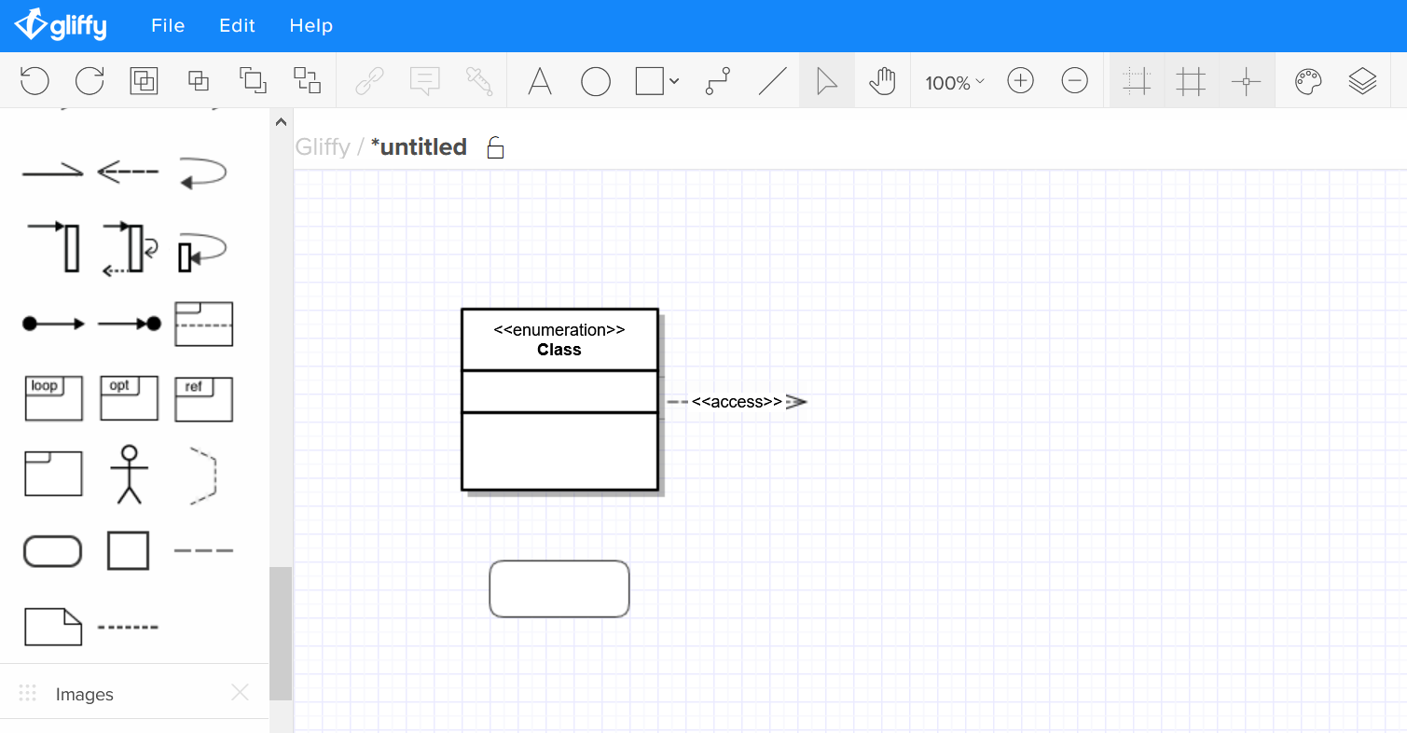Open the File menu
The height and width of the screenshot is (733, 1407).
point(168,26)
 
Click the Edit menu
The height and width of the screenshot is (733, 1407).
point(237,26)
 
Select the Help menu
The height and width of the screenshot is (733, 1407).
point(310,26)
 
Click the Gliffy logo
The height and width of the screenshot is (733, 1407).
point(61,25)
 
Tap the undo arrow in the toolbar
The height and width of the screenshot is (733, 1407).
point(34,81)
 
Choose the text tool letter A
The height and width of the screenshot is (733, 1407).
point(540,81)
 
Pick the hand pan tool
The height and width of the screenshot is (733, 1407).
point(882,81)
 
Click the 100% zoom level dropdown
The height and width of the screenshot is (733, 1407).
point(954,82)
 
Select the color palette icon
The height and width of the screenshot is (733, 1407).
point(1308,81)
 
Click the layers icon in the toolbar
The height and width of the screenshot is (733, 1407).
point(1362,81)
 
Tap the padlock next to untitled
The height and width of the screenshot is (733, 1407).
point(495,147)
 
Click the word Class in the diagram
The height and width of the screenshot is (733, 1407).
point(559,349)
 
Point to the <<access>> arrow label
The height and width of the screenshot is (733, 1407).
point(737,401)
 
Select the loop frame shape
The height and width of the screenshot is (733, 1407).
point(53,398)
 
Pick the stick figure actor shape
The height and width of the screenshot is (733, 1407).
point(129,475)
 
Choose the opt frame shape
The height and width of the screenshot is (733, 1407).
point(129,398)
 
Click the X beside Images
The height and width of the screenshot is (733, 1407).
point(240,692)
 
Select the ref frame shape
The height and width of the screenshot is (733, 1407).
point(203,399)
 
